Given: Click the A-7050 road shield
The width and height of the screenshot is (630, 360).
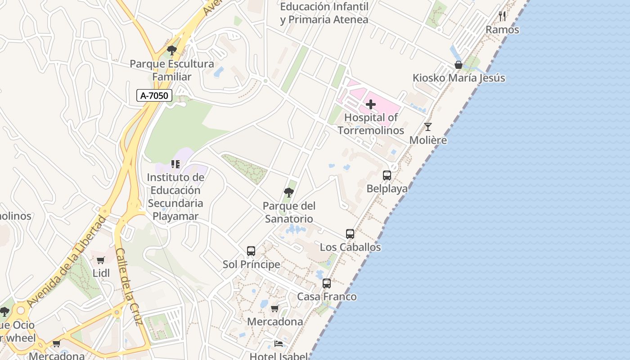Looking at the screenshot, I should pos(155,95).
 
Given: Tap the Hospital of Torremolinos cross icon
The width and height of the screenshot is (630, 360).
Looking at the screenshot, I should pos(371,105).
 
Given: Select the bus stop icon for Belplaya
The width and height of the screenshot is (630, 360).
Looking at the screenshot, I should pos(387,175).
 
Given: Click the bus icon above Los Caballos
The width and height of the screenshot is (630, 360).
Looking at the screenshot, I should pos(350,234).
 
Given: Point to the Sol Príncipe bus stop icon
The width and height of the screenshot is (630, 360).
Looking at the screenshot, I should pos(251,251).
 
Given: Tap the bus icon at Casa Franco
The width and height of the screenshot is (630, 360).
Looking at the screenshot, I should pos(327,283).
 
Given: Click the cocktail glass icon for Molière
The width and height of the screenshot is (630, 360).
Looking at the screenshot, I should pos(427,127).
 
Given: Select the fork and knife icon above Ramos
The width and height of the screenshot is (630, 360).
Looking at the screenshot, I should pos(502,16).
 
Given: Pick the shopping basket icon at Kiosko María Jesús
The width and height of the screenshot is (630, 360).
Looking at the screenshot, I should pos(459,65).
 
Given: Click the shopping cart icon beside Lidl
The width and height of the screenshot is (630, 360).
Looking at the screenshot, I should pos(101,260).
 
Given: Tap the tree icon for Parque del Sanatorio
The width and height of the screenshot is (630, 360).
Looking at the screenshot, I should pos(289,193).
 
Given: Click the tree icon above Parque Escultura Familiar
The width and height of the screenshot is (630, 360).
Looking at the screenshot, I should pos(171,50).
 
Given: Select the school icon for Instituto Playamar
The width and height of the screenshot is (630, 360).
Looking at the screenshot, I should pos(175,164).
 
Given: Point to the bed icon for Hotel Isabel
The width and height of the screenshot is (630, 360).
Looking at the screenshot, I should pos(279,344).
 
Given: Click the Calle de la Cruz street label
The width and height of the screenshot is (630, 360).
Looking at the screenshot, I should pos(129,287).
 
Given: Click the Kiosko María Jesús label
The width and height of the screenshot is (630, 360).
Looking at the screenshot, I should pos(459,78).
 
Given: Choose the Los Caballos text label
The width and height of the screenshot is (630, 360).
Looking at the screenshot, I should pos(350,247).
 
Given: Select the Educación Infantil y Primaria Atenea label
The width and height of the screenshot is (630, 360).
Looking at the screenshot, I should pos(324,13).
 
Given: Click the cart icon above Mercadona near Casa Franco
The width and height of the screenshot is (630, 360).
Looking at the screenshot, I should pos(274,309).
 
